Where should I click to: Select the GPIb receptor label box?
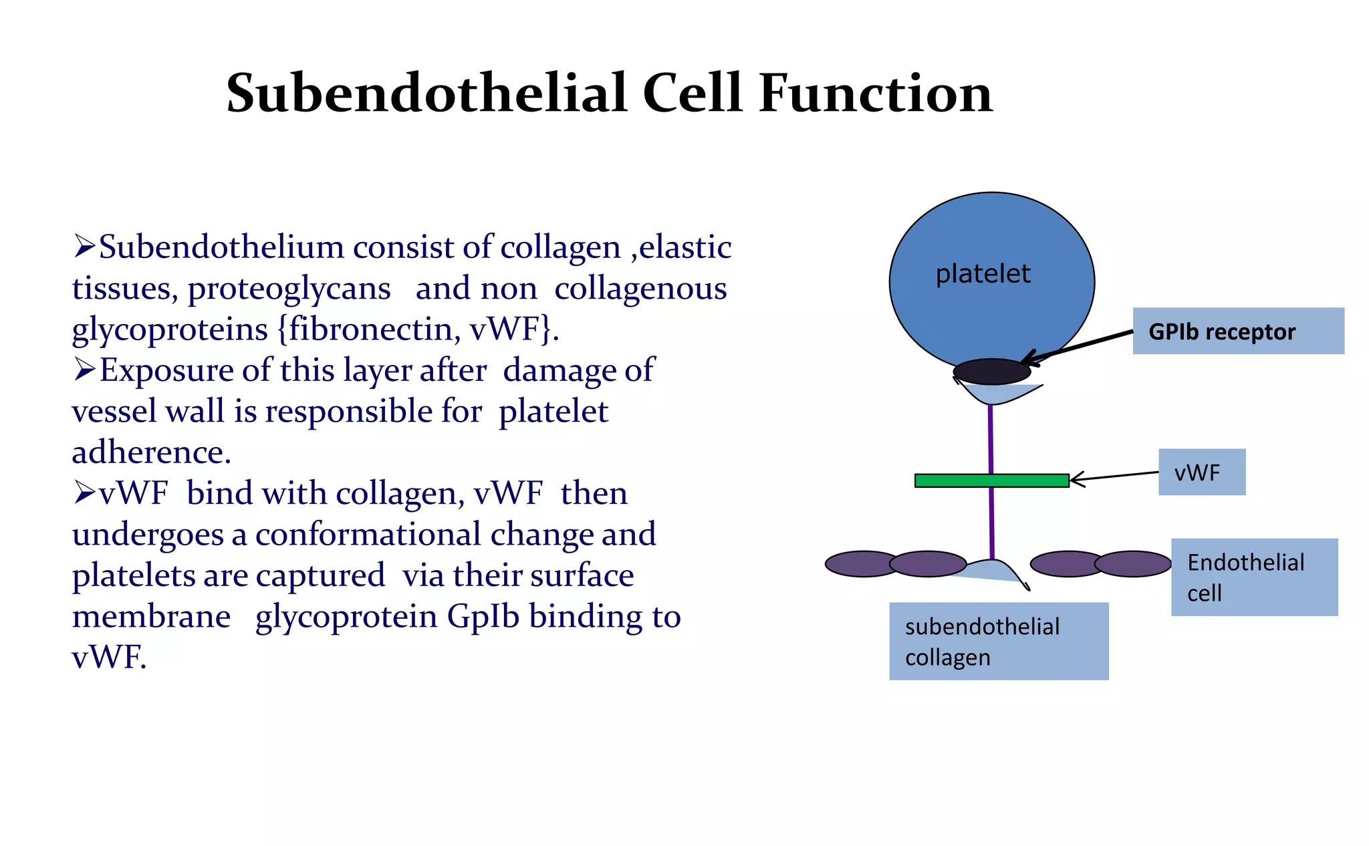point(1238,331)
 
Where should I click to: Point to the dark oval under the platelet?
point(991,372)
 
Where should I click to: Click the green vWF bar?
point(991,480)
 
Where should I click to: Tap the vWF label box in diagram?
point(1201,472)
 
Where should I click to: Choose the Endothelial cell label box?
point(1254,577)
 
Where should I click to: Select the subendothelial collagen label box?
point(998,641)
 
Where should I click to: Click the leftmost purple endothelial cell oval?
point(862,564)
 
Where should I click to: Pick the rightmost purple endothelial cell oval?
point(1133,564)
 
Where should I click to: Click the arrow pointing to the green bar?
point(1113,476)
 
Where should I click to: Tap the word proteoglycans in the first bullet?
point(289,289)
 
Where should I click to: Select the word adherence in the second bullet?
point(151,452)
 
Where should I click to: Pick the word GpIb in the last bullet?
point(483,616)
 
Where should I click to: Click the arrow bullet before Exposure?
point(85,370)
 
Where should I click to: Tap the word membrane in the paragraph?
point(151,616)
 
